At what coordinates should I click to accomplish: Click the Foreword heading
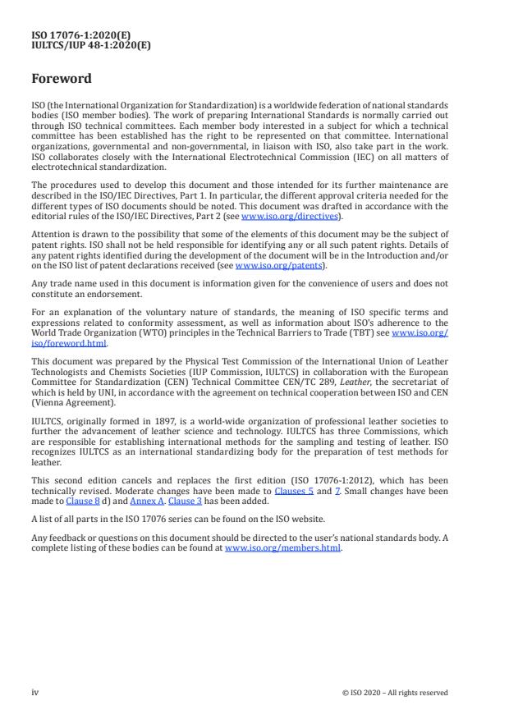pos(61,80)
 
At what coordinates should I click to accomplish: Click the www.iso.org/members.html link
pos(282,547)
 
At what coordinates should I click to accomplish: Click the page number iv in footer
pos(35,692)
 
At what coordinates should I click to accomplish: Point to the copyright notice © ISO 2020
pos(394,693)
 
